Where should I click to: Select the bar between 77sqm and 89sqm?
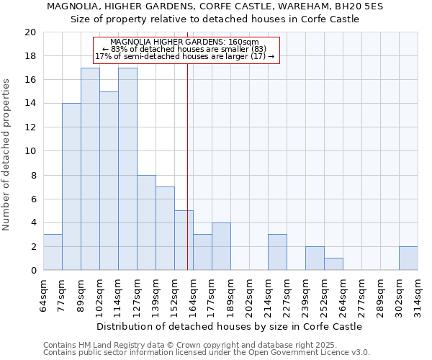71,186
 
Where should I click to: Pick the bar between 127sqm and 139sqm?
146,222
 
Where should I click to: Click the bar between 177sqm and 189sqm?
221,246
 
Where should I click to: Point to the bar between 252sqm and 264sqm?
333,264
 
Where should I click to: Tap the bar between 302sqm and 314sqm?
408,258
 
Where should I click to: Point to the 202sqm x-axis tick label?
249,295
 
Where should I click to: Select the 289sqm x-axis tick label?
380,295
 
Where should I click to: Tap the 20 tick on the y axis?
30,32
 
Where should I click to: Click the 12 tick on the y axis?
30,127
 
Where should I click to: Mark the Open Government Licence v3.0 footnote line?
207,352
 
